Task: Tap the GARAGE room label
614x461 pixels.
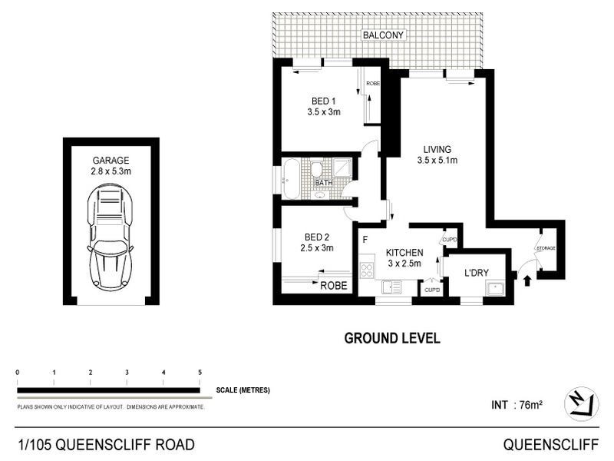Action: tap(111, 161)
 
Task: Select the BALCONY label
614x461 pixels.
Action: tap(384, 35)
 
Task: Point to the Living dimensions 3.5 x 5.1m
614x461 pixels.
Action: tap(437, 161)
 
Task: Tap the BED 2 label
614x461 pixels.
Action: tap(316, 237)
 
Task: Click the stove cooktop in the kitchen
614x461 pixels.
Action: tap(366, 270)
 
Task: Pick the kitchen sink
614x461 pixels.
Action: tap(391, 287)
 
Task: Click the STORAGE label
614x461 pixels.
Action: tap(545, 248)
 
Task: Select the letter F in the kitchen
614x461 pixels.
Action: tap(365, 239)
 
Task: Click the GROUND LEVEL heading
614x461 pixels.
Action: tap(391, 338)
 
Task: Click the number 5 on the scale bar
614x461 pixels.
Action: tap(200, 373)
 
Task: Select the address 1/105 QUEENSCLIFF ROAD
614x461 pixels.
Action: tap(106, 444)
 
